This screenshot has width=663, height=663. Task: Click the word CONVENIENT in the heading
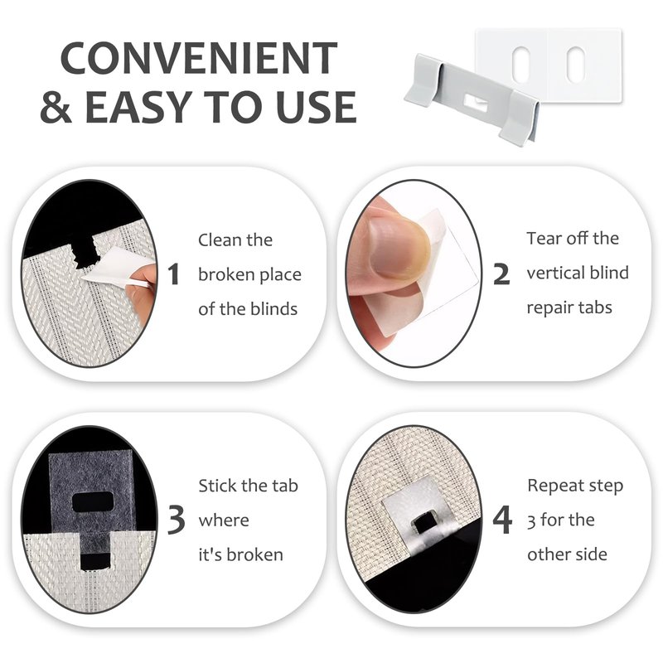point(199,58)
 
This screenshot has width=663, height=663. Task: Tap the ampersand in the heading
point(56,107)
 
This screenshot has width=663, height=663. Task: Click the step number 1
point(173,274)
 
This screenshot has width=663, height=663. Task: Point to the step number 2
point(501,274)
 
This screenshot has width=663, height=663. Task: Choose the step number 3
point(176,520)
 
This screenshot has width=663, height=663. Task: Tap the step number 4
point(502,520)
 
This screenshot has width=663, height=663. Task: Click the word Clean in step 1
point(219,240)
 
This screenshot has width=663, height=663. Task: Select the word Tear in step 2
point(544,239)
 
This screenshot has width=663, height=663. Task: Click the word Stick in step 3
point(219,486)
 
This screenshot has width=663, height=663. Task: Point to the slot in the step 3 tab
point(92,501)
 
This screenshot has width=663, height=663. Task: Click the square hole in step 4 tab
point(422,524)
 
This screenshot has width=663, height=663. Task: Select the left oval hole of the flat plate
point(520,64)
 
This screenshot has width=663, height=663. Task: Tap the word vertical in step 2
point(555,273)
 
